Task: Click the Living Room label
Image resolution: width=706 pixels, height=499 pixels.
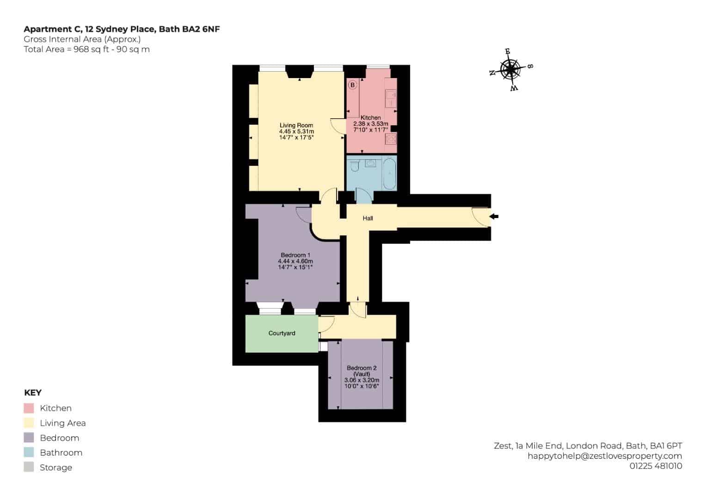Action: point(296,125)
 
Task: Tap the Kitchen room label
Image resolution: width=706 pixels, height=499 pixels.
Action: point(371,117)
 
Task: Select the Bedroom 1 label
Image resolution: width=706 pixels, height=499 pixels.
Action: point(295,255)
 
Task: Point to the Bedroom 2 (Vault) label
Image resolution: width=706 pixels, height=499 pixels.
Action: point(362,371)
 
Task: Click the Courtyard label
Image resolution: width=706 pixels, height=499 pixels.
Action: point(282,333)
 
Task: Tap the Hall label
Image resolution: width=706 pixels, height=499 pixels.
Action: point(368,218)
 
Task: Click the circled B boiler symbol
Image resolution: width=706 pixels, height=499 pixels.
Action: point(352,85)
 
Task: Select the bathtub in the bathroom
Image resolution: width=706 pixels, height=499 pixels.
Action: point(390,174)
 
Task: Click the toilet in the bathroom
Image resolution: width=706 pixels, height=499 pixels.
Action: point(355,165)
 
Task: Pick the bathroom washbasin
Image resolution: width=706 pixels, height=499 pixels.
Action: point(370,163)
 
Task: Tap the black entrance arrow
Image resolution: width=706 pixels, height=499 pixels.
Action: point(494,216)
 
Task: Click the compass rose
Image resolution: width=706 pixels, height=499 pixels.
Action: point(511,69)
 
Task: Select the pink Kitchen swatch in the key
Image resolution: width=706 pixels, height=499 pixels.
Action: point(29,408)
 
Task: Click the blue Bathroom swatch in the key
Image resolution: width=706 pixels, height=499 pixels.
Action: point(29,452)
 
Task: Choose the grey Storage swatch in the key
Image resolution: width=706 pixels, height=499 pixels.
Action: point(29,467)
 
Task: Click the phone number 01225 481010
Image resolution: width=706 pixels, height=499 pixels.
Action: point(656,466)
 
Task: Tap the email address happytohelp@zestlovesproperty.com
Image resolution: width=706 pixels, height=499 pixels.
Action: point(605,456)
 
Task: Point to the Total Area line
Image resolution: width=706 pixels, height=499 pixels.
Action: point(86,49)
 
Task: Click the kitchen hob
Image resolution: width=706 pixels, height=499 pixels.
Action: point(391,139)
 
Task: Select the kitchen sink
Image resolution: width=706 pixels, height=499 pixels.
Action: point(391,98)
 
